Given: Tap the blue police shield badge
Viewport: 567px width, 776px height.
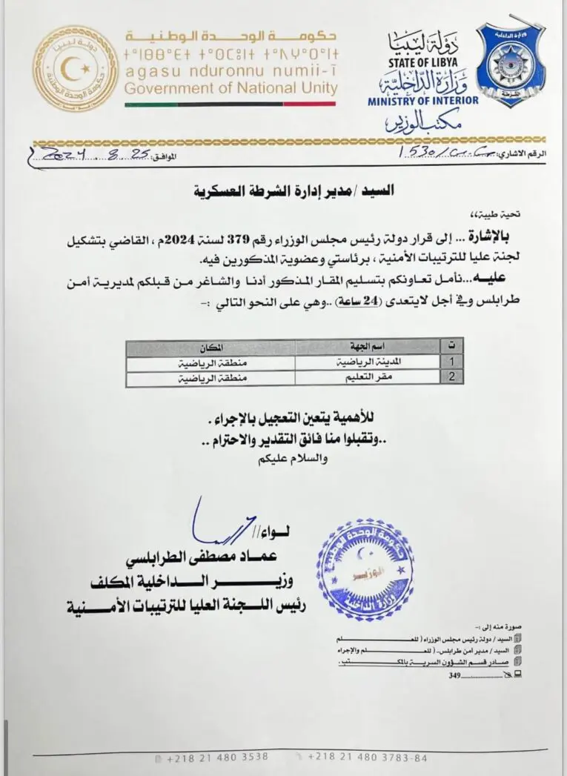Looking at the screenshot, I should click(511, 64).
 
